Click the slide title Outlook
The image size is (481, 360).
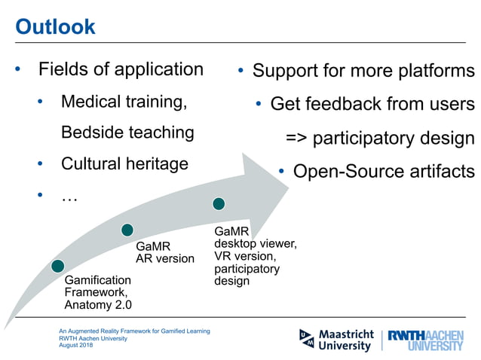click(56, 27)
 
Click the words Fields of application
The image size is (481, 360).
click(121, 70)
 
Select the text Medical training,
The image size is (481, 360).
click(124, 101)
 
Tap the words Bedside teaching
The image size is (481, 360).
click(127, 133)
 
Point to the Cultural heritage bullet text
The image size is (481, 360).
click(124, 163)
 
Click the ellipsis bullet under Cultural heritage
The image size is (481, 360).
click(69, 197)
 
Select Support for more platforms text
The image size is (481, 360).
click(363, 72)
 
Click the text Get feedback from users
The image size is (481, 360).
click(372, 104)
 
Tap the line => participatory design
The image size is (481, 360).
click(380, 139)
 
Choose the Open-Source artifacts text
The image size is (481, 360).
click(384, 172)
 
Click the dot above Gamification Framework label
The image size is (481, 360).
click(58, 265)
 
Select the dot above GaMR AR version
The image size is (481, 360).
click(127, 230)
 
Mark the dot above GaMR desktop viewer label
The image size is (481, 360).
click(219, 203)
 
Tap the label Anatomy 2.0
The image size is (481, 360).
click(98, 305)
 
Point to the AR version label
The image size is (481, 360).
click(164, 258)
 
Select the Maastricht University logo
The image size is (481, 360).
click(336, 340)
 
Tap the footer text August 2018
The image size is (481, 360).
click(77, 345)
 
